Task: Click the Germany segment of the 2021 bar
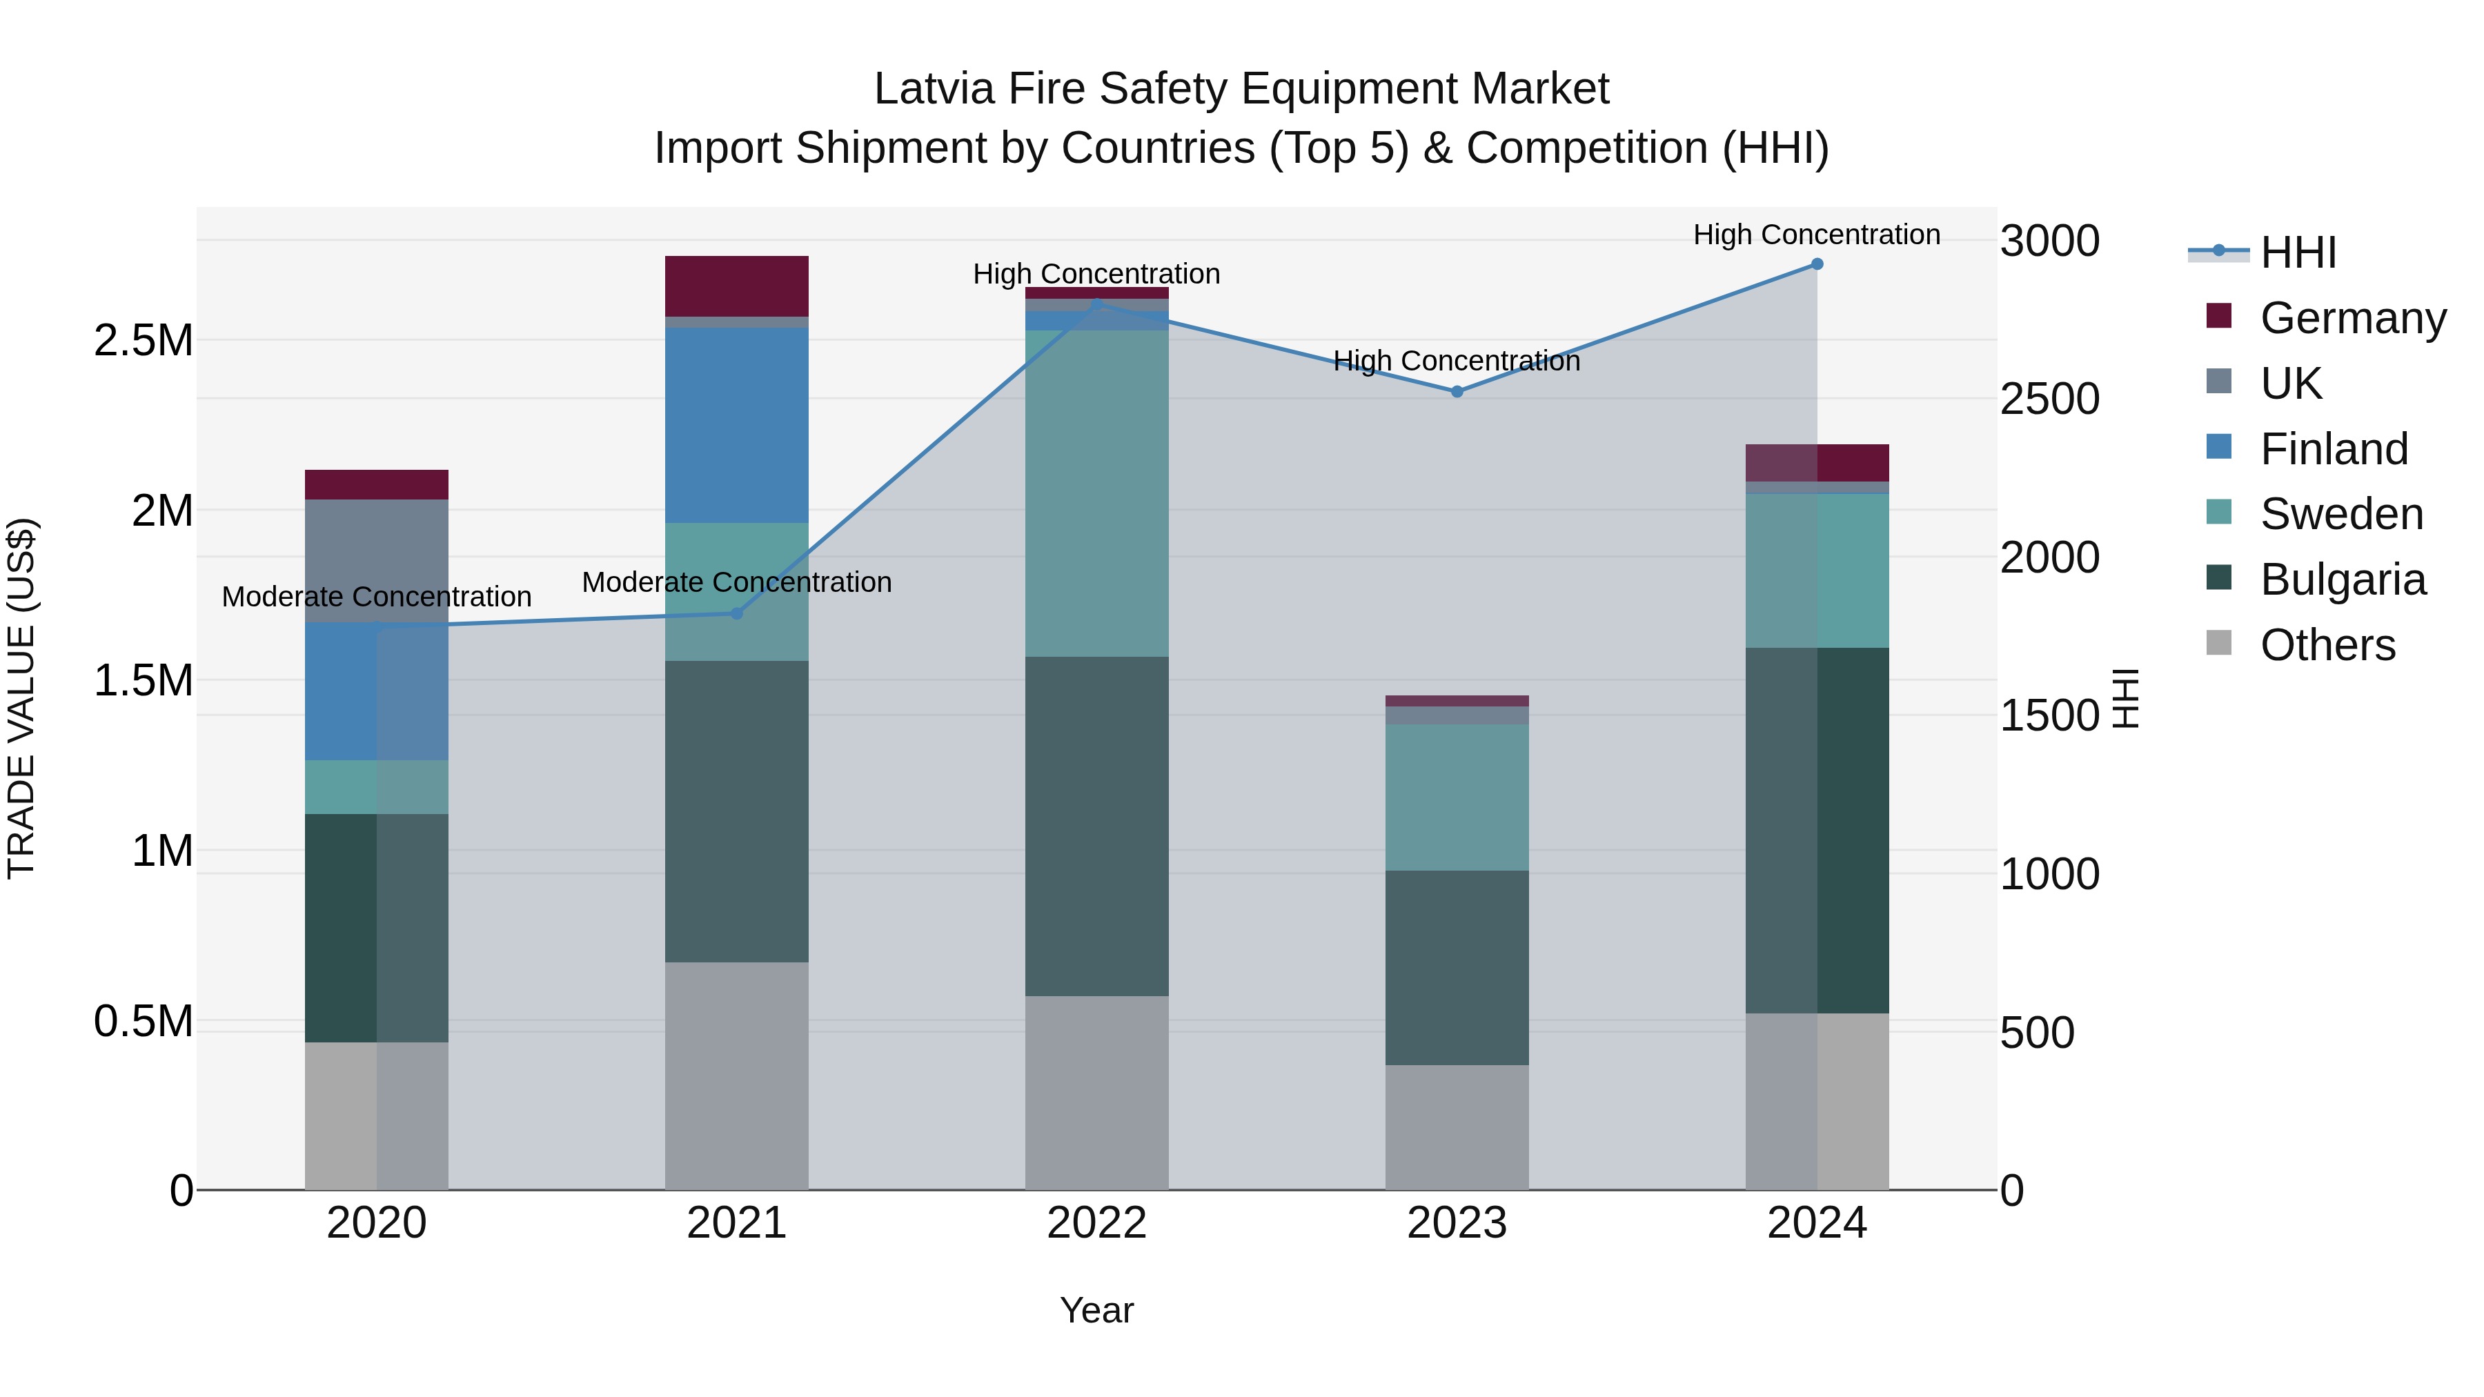737,286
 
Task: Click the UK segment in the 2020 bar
376,560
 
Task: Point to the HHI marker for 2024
1817,264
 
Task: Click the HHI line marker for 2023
1457,391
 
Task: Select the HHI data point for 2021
737,613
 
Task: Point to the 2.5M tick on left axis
143,340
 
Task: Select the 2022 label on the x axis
1096,1223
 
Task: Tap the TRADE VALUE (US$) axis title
21,698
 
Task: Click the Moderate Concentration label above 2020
376,597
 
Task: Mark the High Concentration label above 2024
1817,235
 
